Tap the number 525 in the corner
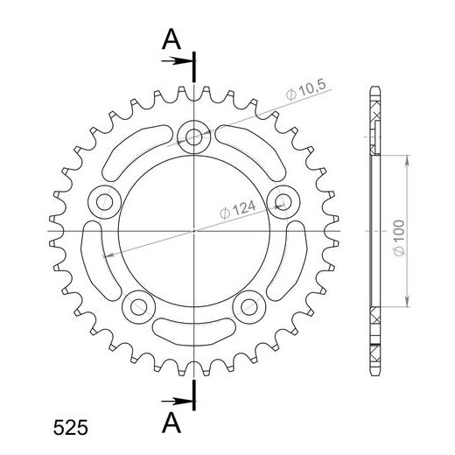(69, 429)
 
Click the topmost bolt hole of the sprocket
(192, 136)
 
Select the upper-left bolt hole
(104, 200)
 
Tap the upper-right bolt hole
(281, 200)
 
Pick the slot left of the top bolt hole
(140, 149)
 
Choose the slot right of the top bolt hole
(245, 149)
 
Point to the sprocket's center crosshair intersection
(192, 231)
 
